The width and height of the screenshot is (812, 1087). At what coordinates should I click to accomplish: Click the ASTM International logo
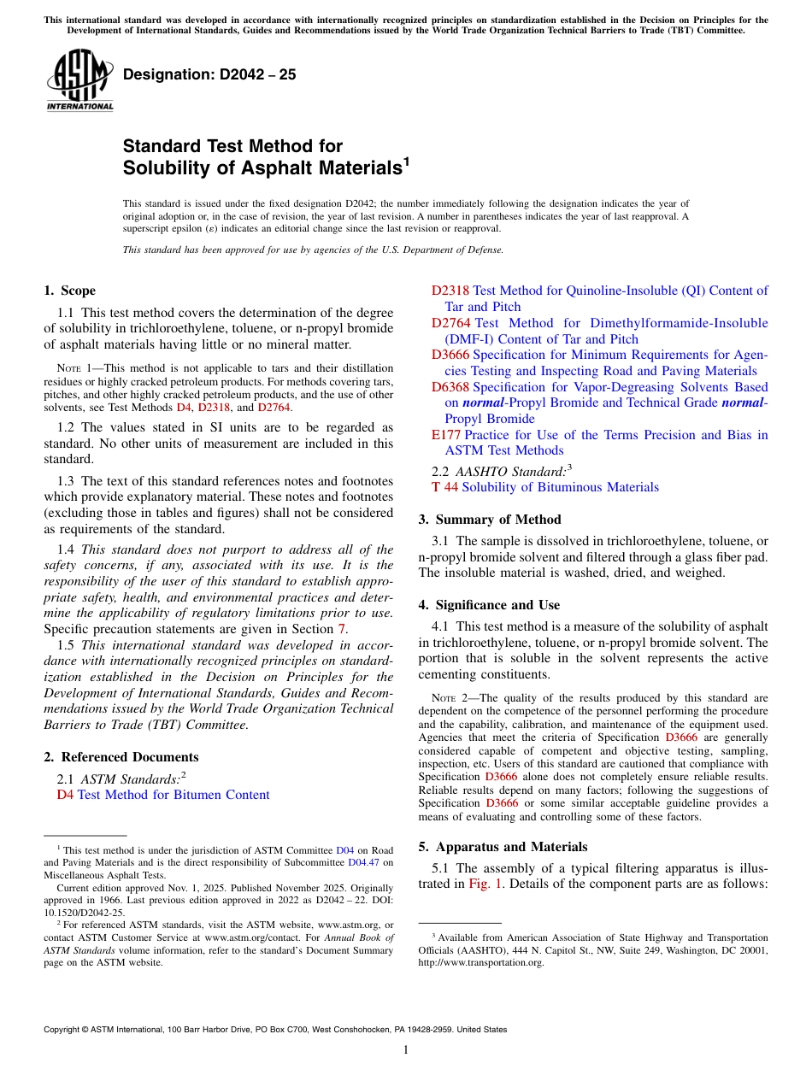click(x=79, y=80)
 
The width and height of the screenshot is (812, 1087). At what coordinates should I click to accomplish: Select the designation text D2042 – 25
click(x=209, y=74)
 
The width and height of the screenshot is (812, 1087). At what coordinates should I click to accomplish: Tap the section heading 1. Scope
click(x=70, y=291)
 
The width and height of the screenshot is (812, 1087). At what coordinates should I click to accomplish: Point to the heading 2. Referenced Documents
click(x=121, y=757)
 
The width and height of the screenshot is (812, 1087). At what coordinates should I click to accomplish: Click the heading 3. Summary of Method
click(x=490, y=520)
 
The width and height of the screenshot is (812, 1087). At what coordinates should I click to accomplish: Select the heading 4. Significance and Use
click(x=489, y=605)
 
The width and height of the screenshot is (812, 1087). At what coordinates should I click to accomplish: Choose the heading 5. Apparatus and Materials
click(x=503, y=847)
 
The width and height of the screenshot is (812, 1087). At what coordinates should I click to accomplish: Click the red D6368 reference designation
click(x=450, y=387)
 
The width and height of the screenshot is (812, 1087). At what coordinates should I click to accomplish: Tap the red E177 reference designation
click(x=445, y=435)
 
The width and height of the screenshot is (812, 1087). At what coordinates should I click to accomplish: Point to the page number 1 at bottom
click(x=406, y=1050)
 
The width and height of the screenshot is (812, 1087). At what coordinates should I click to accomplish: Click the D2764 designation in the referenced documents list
click(x=450, y=323)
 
